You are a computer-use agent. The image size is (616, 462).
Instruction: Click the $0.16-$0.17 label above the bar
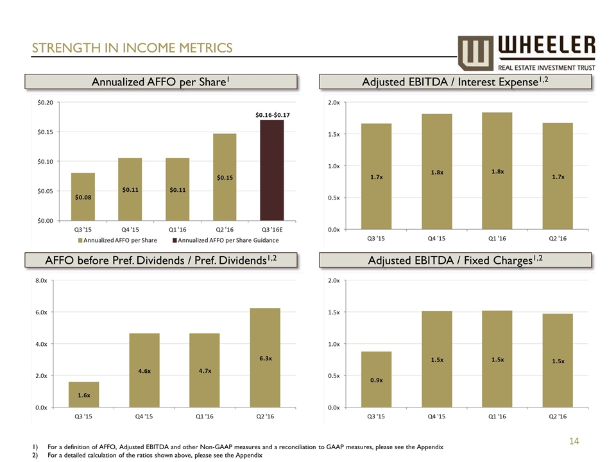pos(271,115)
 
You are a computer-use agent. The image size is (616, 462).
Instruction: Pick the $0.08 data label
pos(83,197)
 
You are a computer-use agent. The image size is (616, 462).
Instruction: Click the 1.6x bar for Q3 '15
pos(83,395)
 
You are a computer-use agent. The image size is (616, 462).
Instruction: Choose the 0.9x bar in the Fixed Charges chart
pos(376,379)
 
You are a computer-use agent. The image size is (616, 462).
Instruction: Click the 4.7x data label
pos(205,370)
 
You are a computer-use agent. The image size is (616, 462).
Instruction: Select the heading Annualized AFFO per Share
pos(161,81)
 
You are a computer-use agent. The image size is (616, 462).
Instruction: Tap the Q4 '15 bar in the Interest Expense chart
pos(436,171)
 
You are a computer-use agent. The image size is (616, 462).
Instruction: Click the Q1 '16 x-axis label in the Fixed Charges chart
pos(497,416)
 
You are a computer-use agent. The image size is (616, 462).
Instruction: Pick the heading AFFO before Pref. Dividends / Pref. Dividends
pos(161,260)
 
